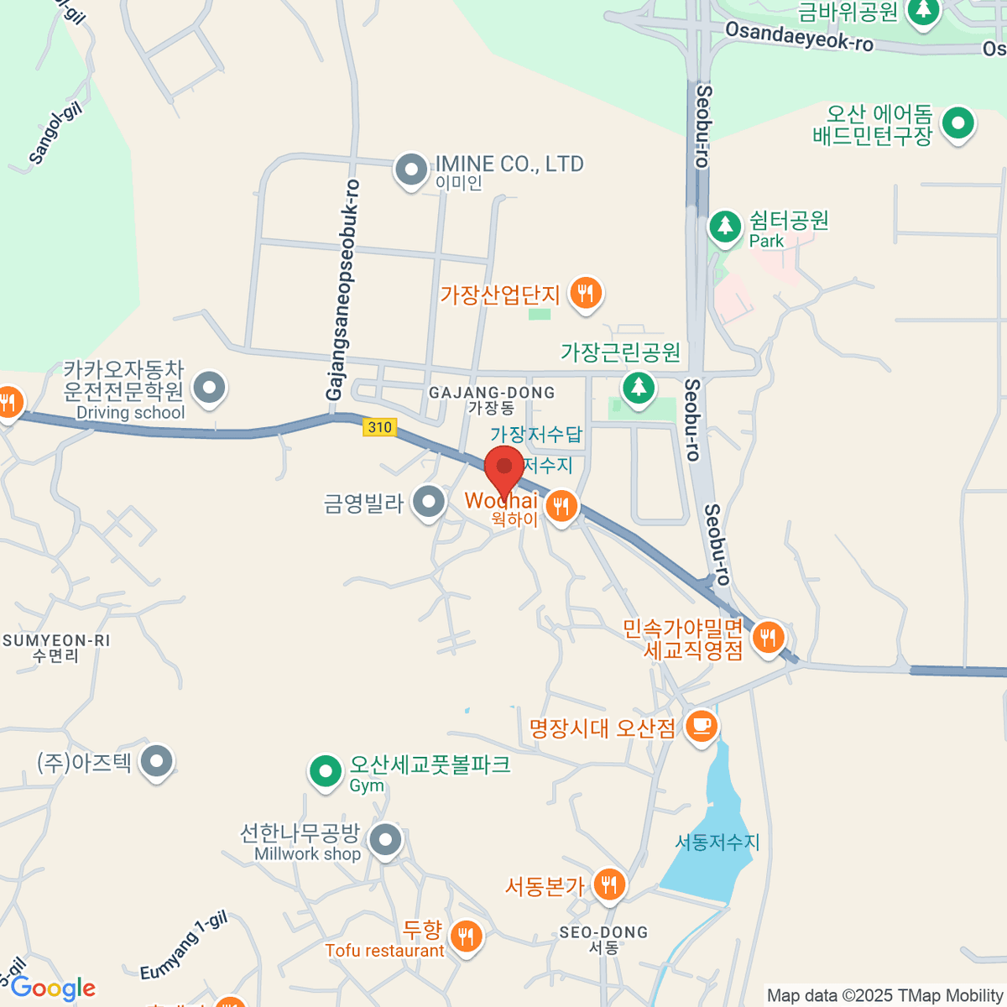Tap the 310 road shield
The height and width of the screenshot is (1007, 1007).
(x=379, y=427)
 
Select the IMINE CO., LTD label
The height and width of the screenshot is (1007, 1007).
(x=509, y=164)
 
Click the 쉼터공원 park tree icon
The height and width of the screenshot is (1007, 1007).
(x=724, y=226)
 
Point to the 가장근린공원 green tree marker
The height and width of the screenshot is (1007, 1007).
(x=639, y=387)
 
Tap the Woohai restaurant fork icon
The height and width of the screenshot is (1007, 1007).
(x=561, y=505)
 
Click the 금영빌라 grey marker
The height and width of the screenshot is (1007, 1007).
(x=430, y=503)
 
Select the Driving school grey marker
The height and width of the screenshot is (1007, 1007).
(x=209, y=388)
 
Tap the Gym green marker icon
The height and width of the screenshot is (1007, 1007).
(x=325, y=770)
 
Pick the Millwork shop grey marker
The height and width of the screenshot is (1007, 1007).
(x=385, y=838)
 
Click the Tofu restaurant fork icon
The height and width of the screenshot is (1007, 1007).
(x=466, y=936)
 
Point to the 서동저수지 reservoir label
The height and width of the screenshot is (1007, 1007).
(x=717, y=842)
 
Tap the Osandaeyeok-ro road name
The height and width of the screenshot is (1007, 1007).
(x=799, y=36)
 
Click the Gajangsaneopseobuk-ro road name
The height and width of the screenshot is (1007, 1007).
(x=342, y=290)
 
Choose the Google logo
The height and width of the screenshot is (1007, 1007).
(x=53, y=989)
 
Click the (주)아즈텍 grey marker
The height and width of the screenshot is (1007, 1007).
(x=156, y=762)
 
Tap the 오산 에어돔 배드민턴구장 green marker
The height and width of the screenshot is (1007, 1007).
(x=957, y=123)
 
